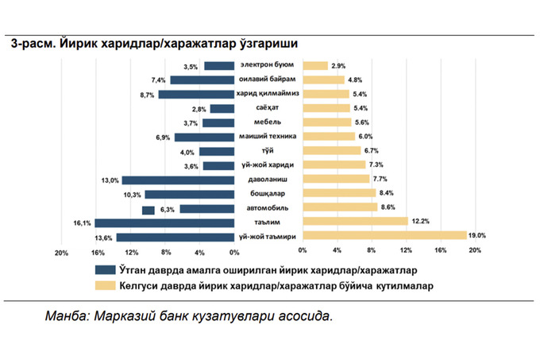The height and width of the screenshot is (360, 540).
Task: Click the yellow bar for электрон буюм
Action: point(315,66)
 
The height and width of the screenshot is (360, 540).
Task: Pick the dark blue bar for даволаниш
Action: point(178,180)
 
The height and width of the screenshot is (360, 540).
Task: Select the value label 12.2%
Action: point(420,221)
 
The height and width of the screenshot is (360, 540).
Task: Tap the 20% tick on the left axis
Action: point(59,253)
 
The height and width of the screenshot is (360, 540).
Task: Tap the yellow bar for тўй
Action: point(333,151)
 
